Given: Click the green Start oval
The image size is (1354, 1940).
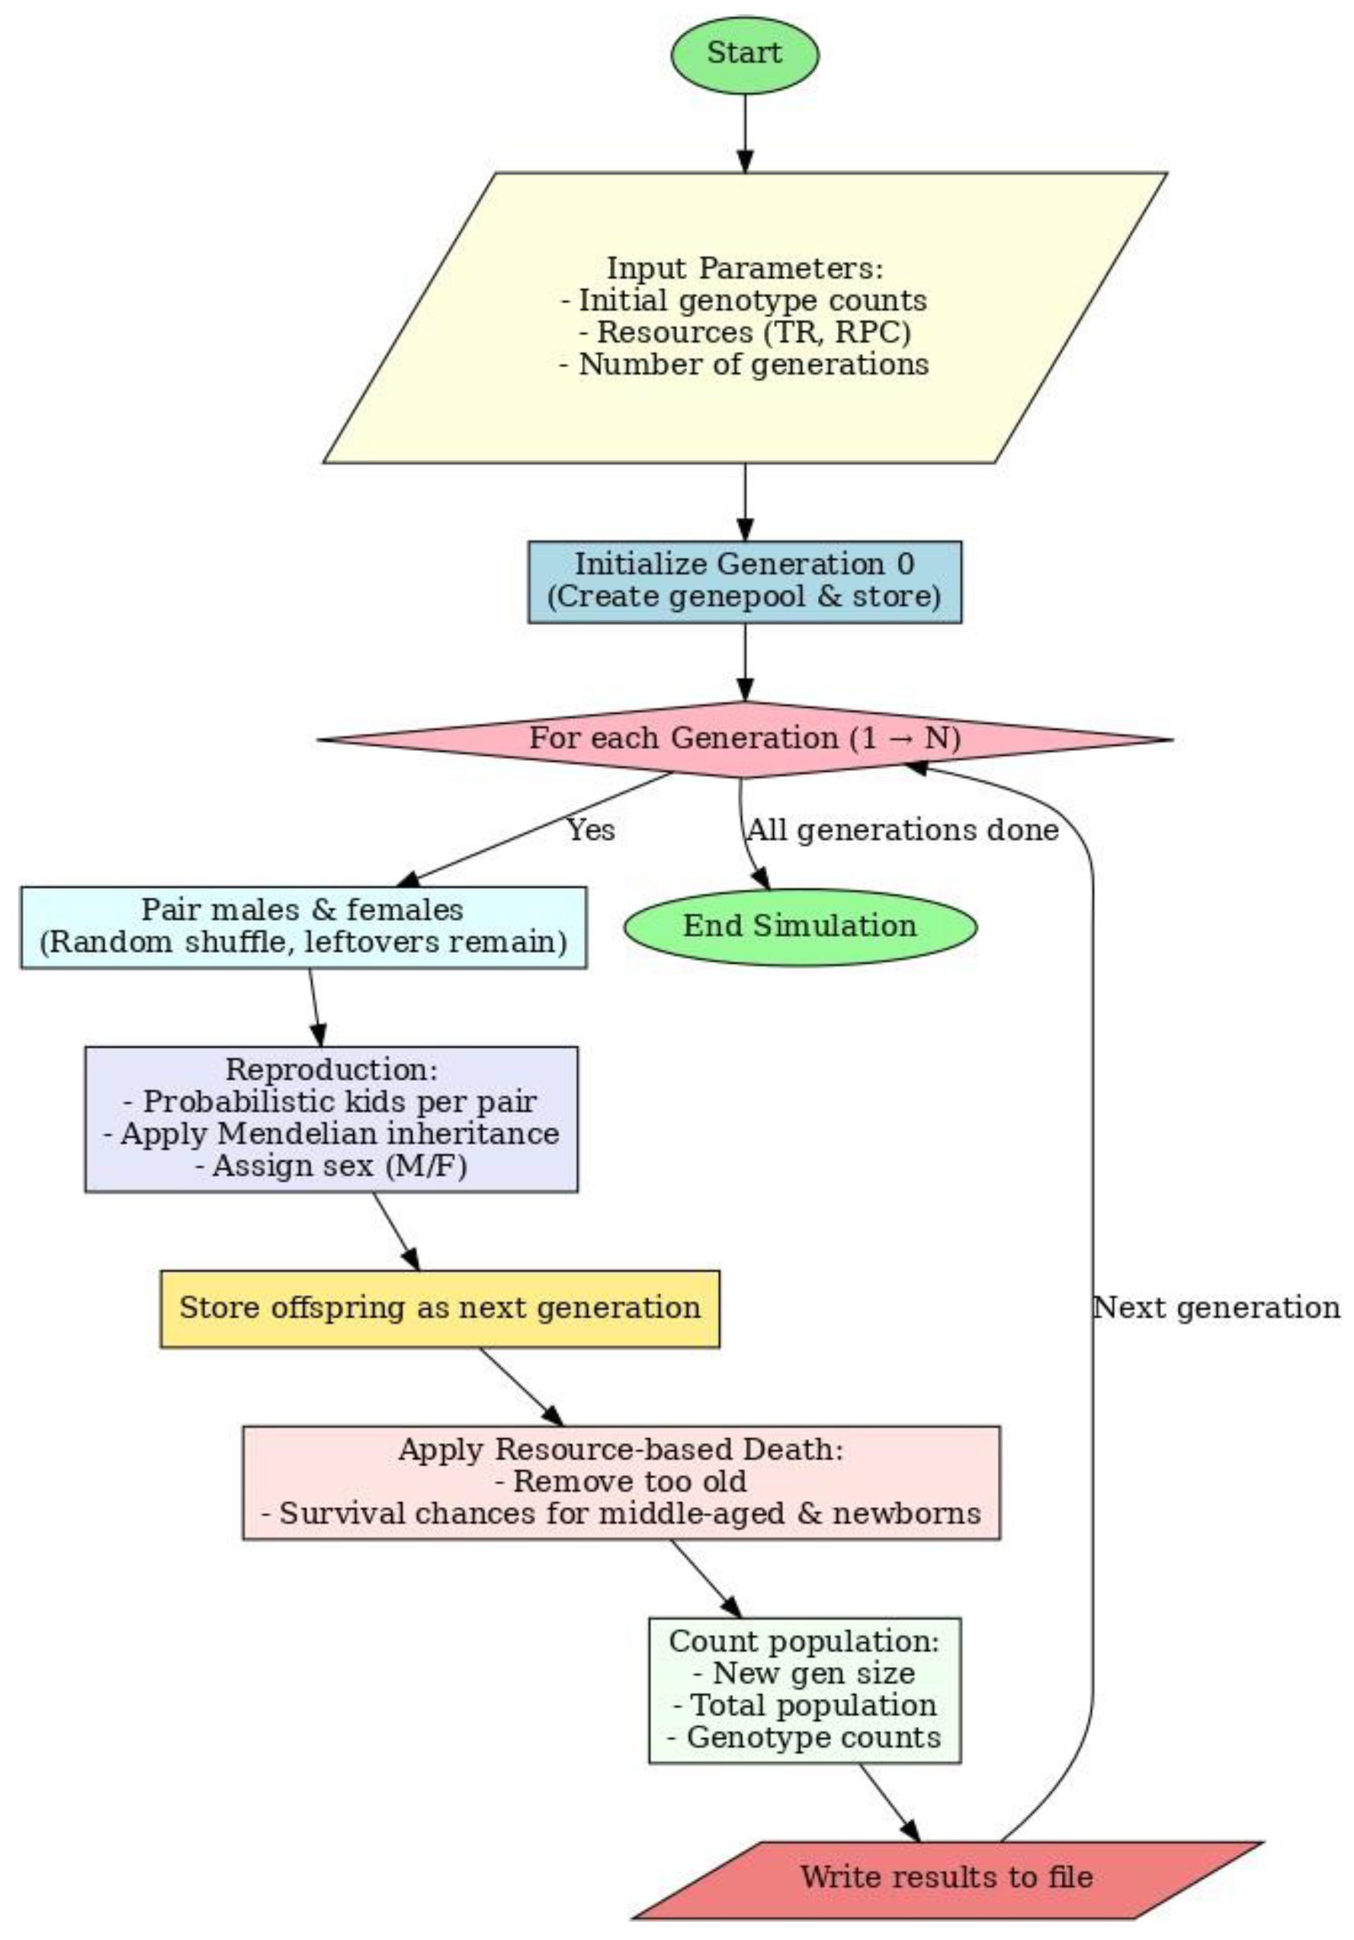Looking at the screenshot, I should [744, 54].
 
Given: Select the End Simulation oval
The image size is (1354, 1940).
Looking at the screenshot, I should [800, 926].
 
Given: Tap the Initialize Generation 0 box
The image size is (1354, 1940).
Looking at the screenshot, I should [744, 582].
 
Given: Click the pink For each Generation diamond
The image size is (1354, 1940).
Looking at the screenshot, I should [744, 738].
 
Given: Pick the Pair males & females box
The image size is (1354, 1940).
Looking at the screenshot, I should [303, 926].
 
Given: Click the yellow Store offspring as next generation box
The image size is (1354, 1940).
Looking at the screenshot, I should [439, 1308].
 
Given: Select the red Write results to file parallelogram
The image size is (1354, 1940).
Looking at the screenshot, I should [946, 1877].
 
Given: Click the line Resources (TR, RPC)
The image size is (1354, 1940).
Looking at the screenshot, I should [745, 332].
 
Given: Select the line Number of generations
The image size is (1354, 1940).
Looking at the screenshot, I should [744, 364].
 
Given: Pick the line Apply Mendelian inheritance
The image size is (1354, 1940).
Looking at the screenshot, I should [331, 1134].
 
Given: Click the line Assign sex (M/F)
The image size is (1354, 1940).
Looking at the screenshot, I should [331, 1166].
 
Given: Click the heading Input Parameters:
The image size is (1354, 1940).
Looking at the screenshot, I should [744, 269].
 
